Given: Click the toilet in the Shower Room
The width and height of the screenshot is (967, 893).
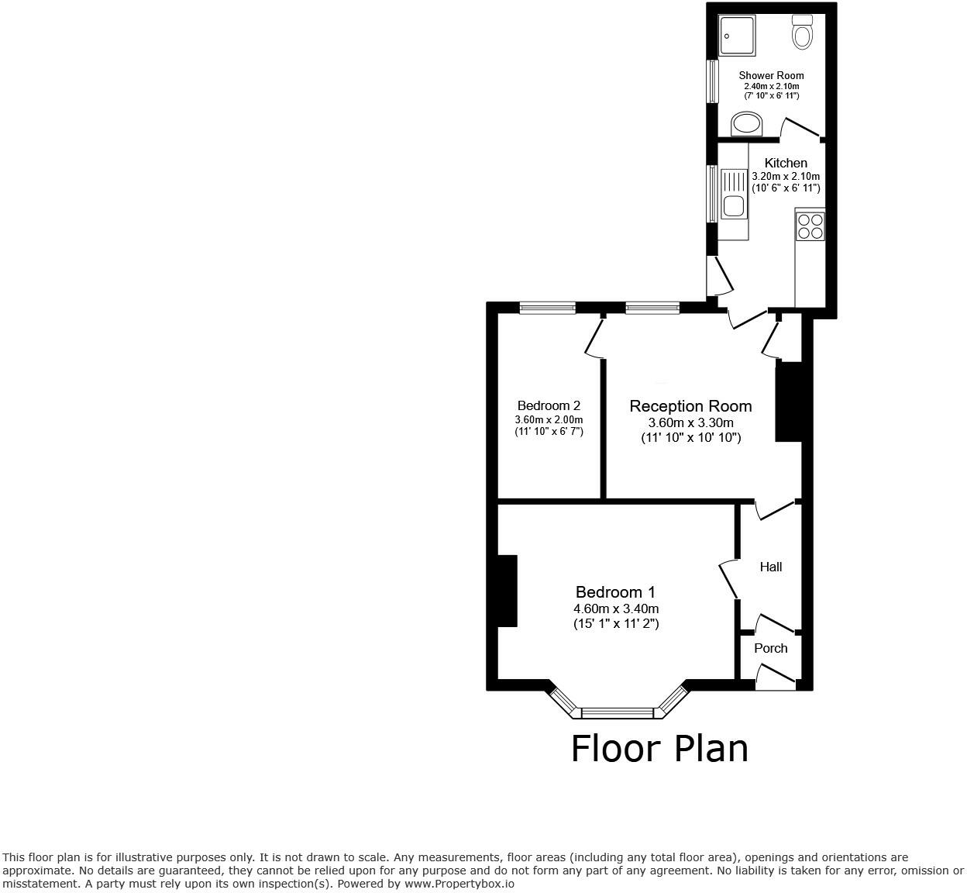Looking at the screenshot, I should click(x=802, y=32).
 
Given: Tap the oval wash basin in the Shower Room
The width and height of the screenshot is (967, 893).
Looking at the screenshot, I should click(x=747, y=123).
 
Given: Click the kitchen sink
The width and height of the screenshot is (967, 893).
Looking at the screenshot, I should click(x=732, y=195).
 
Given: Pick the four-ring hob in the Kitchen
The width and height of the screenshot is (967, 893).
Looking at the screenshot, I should click(x=810, y=226).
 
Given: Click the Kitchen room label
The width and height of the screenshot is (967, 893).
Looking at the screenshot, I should click(x=786, y=163).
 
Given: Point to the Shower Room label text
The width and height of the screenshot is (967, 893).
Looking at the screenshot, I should click(x=771, y=75).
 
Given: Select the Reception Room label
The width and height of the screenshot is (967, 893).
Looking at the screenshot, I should click(x=690, y=405).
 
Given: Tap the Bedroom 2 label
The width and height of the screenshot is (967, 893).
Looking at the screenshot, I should click(x=549, y=405).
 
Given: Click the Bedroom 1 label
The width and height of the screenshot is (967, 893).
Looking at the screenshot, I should click(x=616, y=592).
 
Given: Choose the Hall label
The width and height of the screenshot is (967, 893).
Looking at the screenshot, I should click(x=770, y=567).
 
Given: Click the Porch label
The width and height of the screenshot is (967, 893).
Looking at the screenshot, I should click(x=770, y=648).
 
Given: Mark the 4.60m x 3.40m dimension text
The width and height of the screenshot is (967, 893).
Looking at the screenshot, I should click(x=616, y=609).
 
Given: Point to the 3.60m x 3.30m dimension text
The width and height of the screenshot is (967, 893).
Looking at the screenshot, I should click(x=690, y=422).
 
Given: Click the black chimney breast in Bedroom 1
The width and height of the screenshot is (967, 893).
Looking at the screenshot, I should click(x=507, y=590).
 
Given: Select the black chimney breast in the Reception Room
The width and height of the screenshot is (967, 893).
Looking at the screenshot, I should click(x=788, y=402).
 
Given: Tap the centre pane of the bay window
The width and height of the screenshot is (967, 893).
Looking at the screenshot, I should click(x=618, y=712).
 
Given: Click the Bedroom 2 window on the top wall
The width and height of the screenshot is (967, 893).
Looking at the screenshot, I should click(x=547, y=308).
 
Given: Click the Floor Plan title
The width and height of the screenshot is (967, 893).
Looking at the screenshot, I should click(x=659, y=749).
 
